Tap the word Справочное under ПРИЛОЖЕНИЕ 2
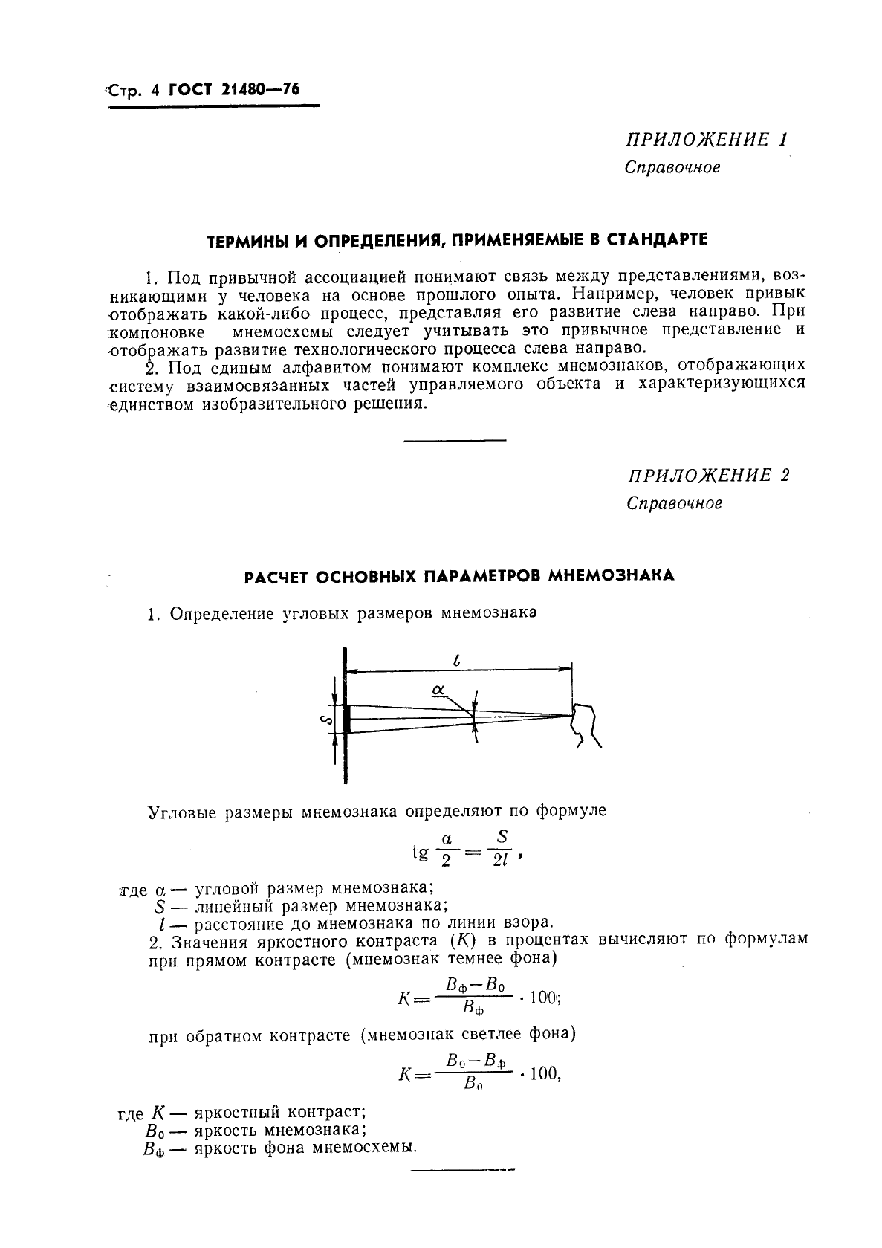point(674,503)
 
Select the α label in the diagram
point(438,691)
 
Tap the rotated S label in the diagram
point(322,719)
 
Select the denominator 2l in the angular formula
point(501,864)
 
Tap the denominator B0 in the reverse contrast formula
point(473,1084)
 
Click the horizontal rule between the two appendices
point(454,441)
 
